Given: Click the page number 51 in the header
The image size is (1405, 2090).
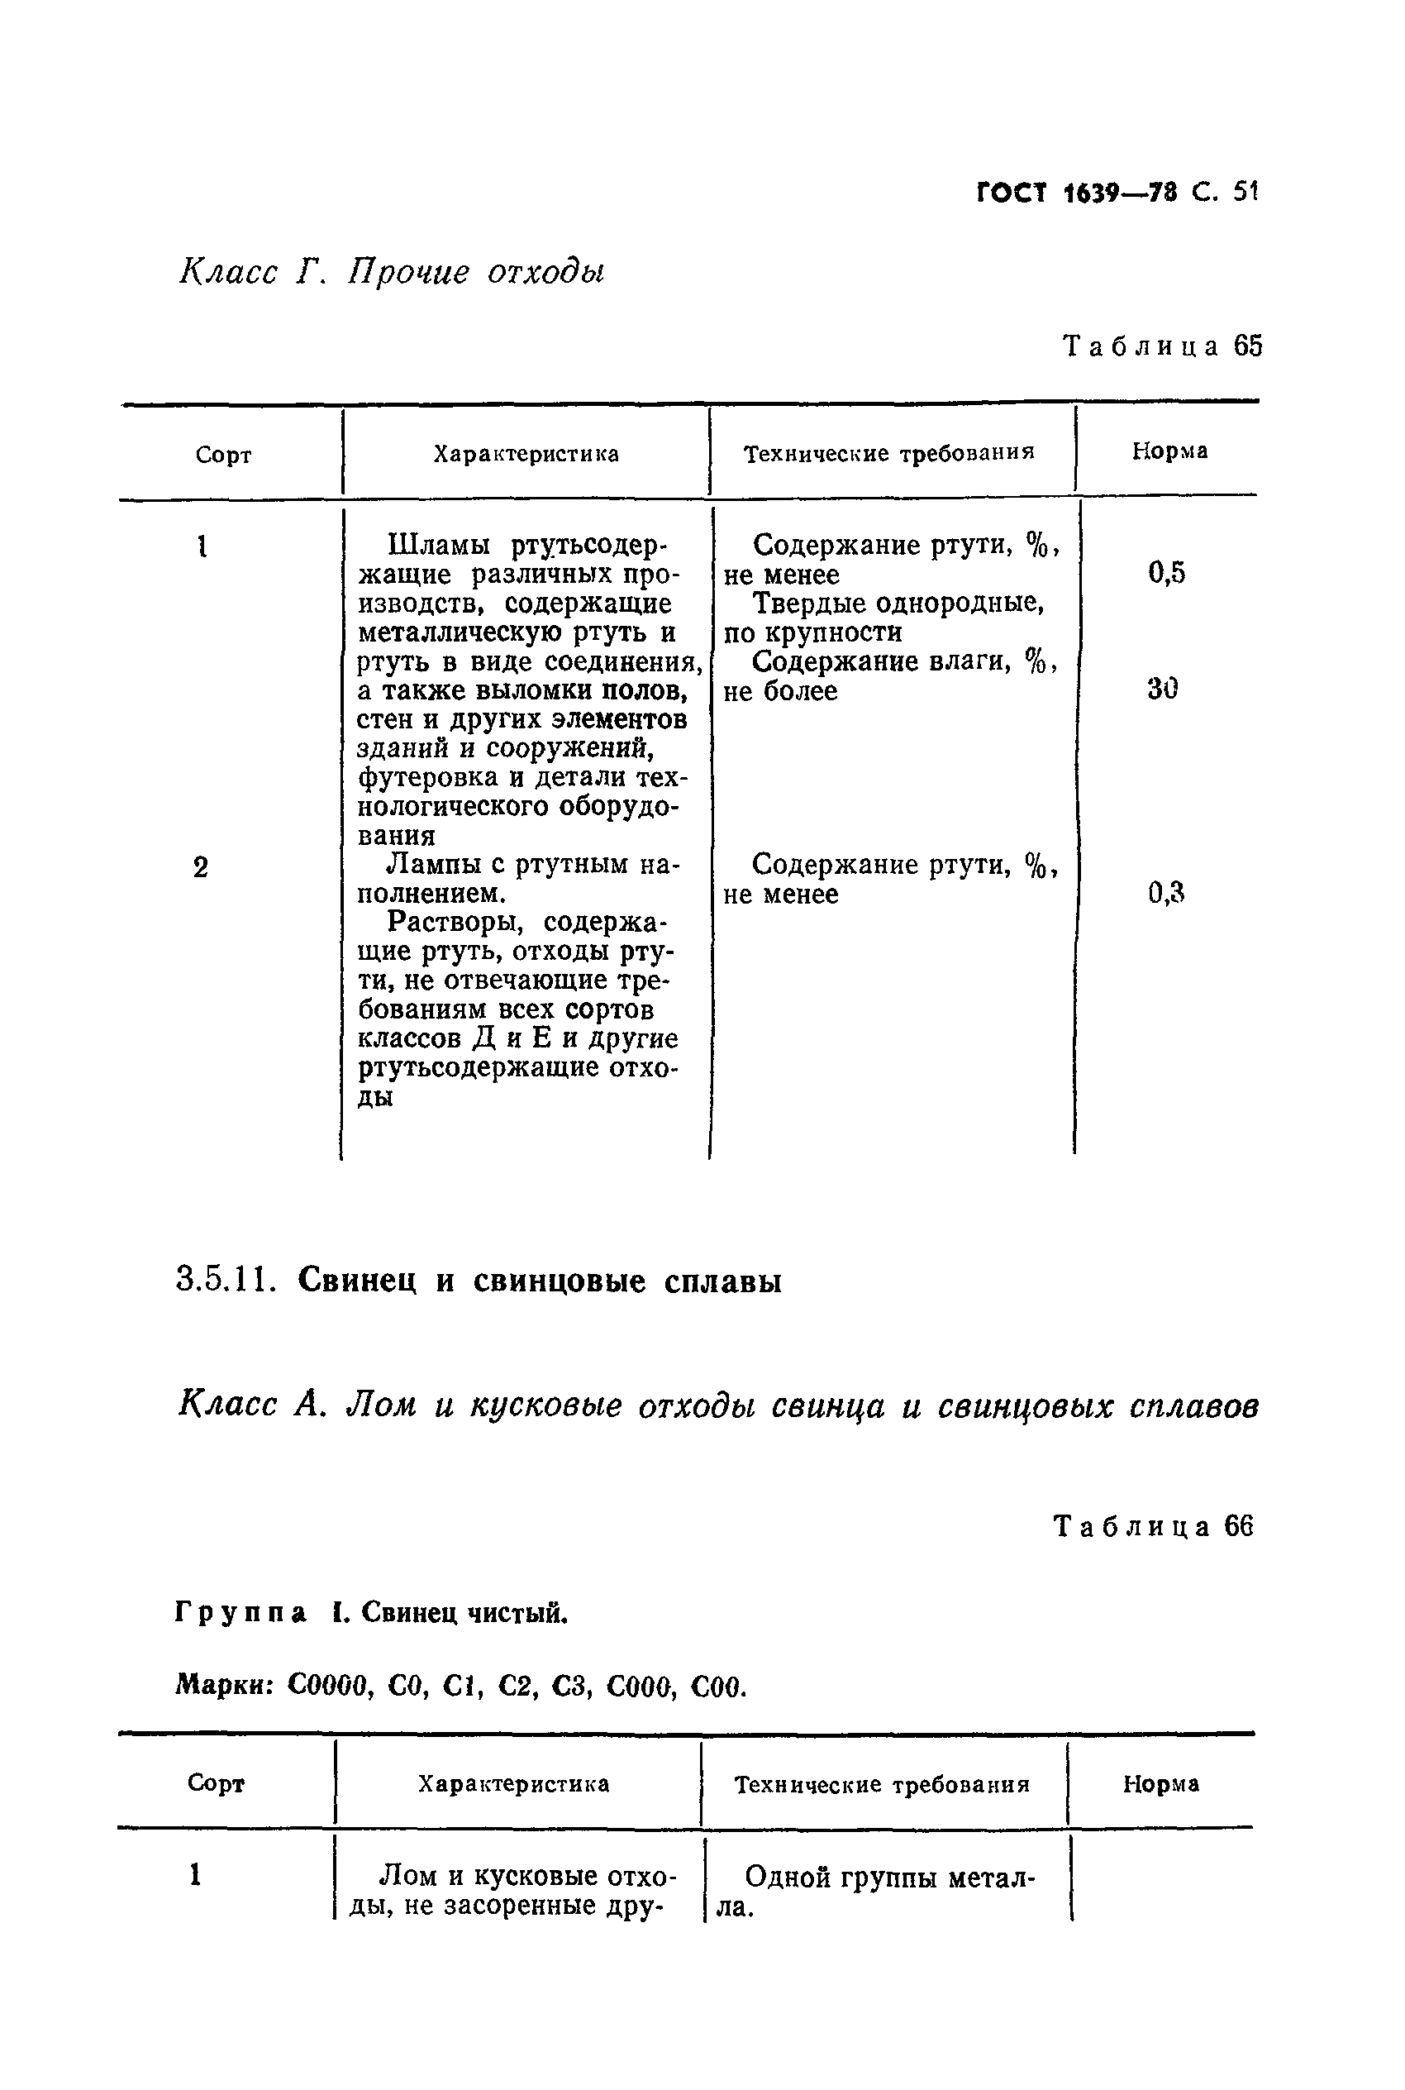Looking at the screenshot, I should point(1245,192).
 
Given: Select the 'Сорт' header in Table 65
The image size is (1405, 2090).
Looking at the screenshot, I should point(223,456).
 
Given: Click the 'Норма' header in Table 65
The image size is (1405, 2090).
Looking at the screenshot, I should point(1169,451).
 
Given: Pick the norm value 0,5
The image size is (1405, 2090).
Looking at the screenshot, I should point(1167,573).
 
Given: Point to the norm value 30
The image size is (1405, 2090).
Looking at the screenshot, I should point(1162,689).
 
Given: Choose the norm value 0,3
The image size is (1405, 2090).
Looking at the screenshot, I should point(1167,892).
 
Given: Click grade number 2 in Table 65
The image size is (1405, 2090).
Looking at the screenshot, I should point(201,867).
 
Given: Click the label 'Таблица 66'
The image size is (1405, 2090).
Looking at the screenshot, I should point(1153,1526).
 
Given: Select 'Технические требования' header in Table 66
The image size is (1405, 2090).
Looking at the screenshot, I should point(882,1784).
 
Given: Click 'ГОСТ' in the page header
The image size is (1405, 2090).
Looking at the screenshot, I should point(1011,193).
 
